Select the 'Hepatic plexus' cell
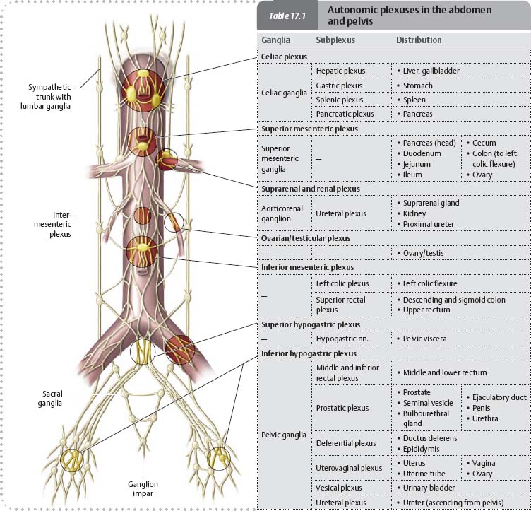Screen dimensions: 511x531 click(340, 71)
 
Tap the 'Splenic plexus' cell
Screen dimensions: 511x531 click(340, 100)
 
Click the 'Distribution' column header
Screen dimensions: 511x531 click(419, 40)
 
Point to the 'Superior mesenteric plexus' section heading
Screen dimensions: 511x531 click(309, 129)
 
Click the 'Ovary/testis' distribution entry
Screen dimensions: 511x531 click(424, 253)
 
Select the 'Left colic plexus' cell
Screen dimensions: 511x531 click(342, 283)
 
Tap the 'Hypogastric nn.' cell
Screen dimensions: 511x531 click(344, 339)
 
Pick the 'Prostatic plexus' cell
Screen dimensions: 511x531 click(342, 408)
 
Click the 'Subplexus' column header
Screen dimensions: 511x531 click(335, 40)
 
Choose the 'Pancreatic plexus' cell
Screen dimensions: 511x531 click(345, 114)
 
